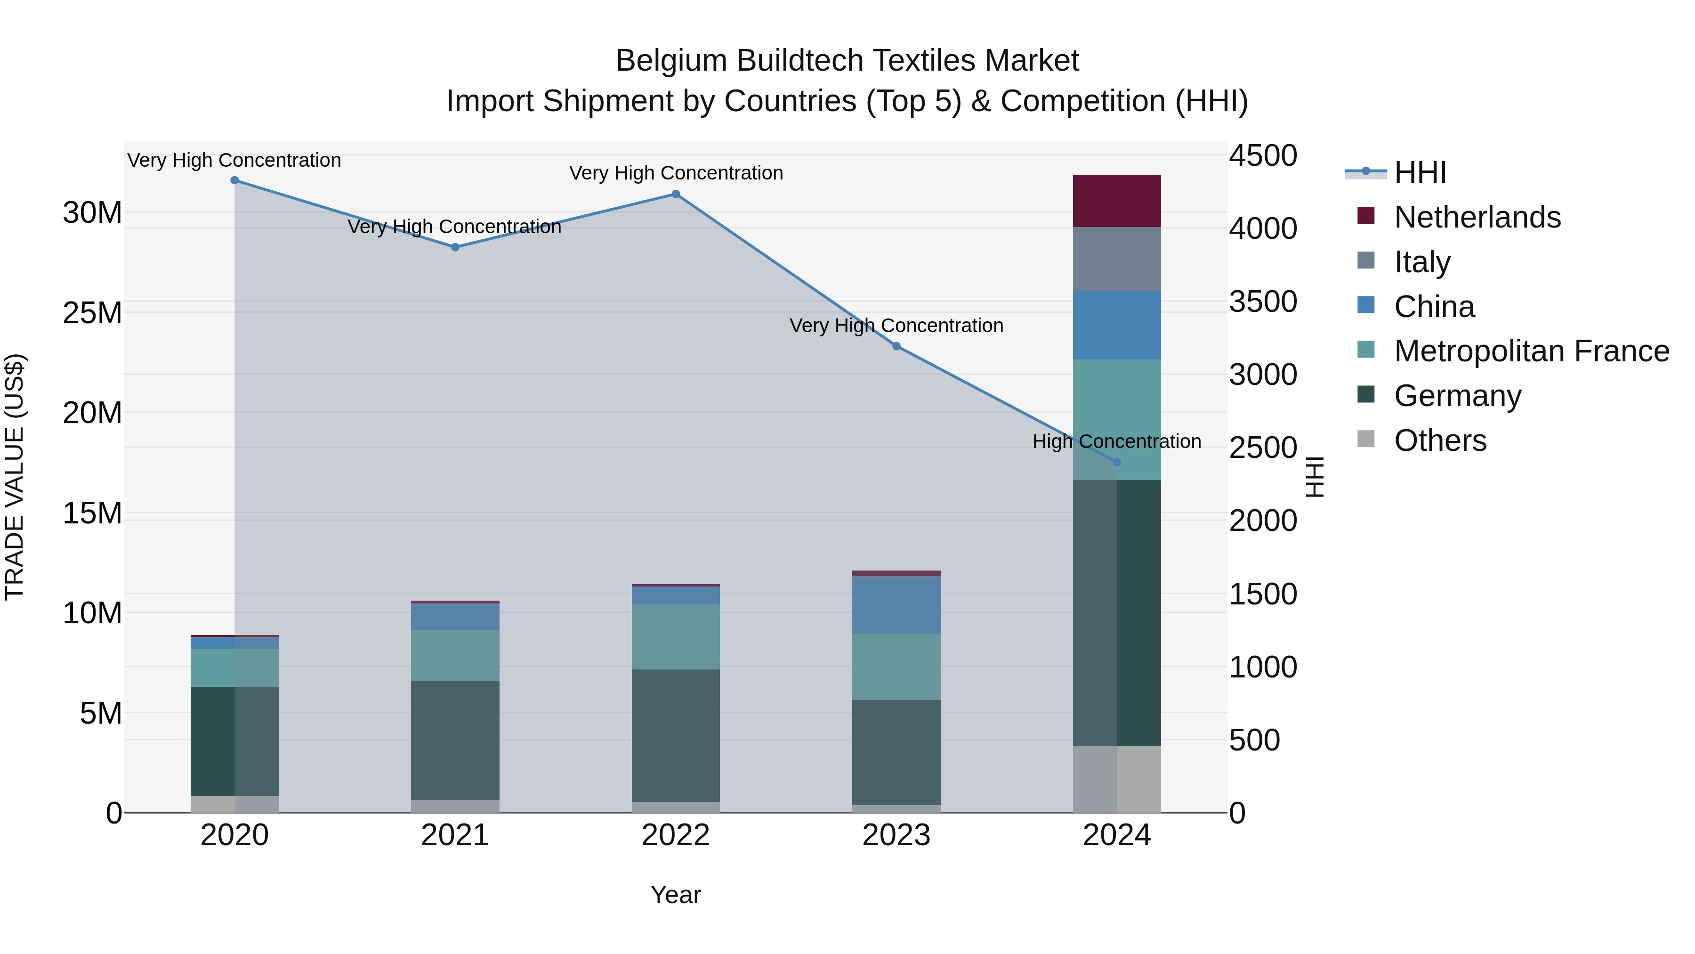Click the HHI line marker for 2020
(x=234, y=180)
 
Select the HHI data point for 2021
(x=455, y=247)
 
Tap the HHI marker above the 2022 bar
(x=675, y=194)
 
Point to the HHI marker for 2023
(x=896, y=346)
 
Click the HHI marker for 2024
(x=1117, y=463)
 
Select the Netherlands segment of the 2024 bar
(x=1117, y=201)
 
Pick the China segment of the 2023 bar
(x=896, y=604)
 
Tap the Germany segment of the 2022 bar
(x=675, y=735)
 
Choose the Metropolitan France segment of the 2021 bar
(x=455, y=655)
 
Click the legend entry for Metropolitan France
(x=1531, y=351)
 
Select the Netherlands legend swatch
(x=1366, y=216)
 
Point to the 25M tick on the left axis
(x=92, y=313)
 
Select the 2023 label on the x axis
(x=896, y=835)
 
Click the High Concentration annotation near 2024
(x=1117, y=441)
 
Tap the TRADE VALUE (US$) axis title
(x=15, y=477)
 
